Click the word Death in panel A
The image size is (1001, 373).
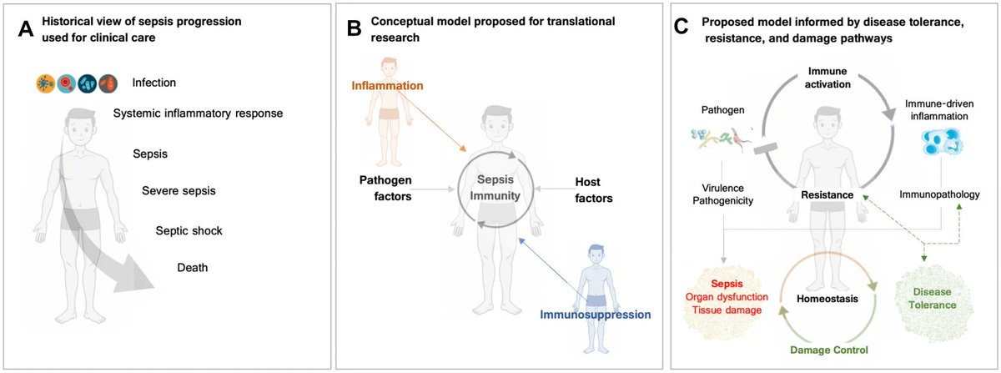[x=194, y=268]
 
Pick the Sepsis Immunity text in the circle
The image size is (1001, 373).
[x=492, y=188]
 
